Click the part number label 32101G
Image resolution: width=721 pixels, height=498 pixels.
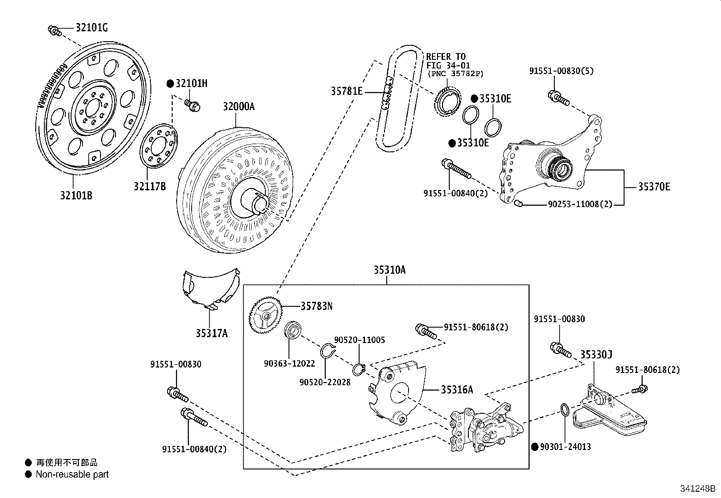(91, 28)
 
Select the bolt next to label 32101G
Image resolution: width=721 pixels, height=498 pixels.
(54, 31)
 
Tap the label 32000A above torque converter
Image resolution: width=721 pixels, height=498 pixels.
(238, 106)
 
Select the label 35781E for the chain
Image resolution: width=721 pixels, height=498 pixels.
(346, 91)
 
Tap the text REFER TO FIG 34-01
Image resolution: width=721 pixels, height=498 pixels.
(446, 61)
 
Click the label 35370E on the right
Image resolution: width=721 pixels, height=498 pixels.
(654, 187)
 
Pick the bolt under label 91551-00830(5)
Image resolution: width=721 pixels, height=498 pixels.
(558, 97)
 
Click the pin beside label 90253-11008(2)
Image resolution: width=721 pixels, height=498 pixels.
(519, 203)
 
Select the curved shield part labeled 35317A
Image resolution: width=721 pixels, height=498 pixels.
(210, 290)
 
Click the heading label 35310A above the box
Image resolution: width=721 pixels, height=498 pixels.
(389, 270)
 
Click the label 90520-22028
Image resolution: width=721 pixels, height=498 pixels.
(325, 382)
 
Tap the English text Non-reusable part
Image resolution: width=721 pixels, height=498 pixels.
(72, 474)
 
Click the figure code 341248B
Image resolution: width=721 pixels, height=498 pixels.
(697, 489)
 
